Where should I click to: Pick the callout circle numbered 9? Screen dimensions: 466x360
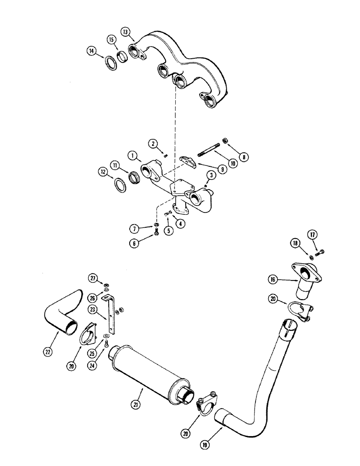pyautogui.click(x=222, y=170)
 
